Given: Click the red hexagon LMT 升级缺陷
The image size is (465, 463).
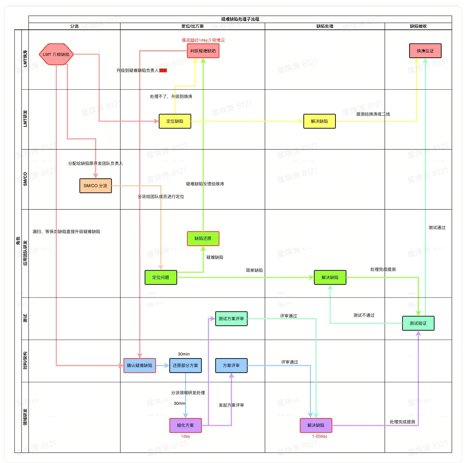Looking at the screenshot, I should (56, 54).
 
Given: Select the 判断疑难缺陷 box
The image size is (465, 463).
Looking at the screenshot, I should (203, 51).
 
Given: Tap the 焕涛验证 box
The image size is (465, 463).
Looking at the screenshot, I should (425, 51).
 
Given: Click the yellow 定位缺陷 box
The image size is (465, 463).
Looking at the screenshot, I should (175, 121).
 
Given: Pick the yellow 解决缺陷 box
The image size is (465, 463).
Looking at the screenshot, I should (319, 121).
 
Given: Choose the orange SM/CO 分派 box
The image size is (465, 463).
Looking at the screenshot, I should (95, 186).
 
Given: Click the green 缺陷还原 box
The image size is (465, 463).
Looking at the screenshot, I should (203, 238).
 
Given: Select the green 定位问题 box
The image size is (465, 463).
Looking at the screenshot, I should (161, 277).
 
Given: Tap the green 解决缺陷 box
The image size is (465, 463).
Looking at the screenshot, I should (330, 277).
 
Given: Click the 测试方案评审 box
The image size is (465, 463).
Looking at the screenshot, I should (231, 319).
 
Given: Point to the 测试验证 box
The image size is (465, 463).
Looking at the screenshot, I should (418, 323).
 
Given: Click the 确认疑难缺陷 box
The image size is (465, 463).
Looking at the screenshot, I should (139, 365).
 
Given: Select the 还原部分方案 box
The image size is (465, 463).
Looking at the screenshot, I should (185, 365).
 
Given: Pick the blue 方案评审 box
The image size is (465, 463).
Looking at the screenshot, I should (231, 365).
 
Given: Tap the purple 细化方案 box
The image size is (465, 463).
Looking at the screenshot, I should (185, 425).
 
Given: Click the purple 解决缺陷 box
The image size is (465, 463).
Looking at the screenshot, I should (316, 425).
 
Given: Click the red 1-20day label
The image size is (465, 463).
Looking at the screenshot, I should (320, 436).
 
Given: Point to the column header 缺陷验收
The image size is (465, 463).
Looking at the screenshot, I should (418, 26).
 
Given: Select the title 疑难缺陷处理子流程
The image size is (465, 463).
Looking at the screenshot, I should (240, 19).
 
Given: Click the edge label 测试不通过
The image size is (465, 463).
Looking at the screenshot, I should (364, 315).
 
